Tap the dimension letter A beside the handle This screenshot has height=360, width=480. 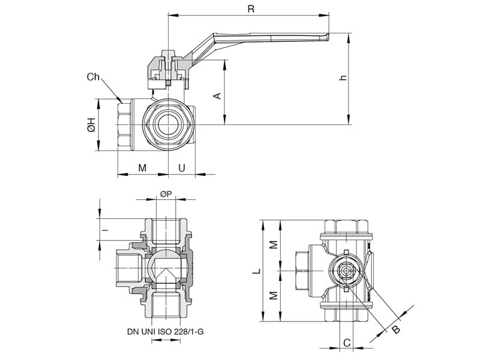218,95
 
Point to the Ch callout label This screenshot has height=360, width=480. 94,77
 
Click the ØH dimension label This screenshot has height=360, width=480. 91,125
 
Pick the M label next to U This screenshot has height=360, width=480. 142,168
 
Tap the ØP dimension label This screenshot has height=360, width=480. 166,193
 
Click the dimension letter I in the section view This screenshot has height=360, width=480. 104,230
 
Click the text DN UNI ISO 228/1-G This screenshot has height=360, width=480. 166,331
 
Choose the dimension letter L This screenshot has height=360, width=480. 256,272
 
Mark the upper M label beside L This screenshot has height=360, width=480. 272,245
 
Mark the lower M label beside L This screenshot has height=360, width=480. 272,296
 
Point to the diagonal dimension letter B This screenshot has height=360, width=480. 396,328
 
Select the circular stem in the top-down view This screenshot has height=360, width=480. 347,272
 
